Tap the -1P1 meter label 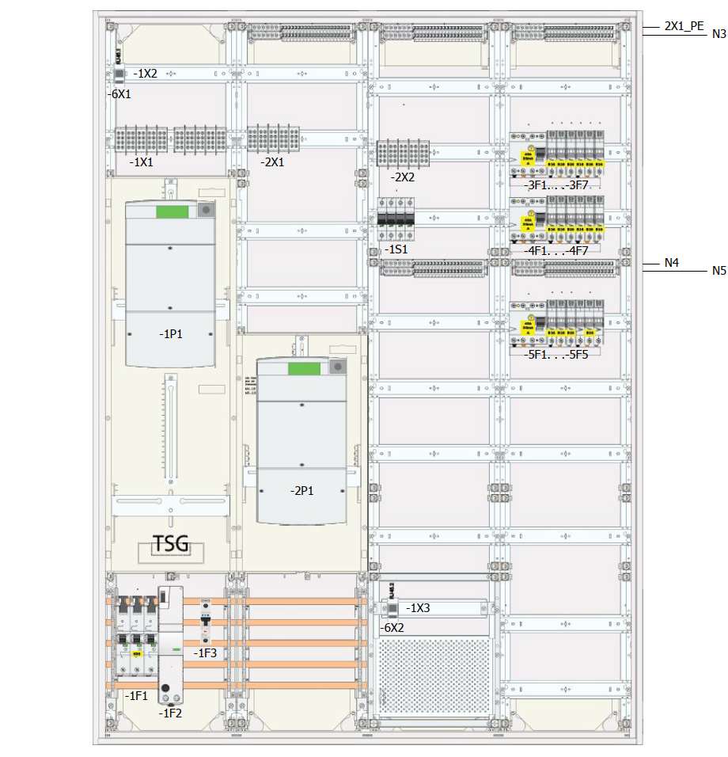[170, 334]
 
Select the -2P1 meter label [301, 491]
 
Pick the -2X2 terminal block [402, 154]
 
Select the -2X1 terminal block [272, 139]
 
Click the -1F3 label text [206, 653]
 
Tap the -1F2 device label [170, 713]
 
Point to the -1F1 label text [136, 696]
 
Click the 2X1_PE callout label [684, 25]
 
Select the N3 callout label [719, 34]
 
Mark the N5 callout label [719, 271]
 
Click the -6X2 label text [392, 627]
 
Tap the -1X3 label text [419, 608]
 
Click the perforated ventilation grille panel [434, 675]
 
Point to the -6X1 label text [120, 93]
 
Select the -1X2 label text [145, 74]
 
